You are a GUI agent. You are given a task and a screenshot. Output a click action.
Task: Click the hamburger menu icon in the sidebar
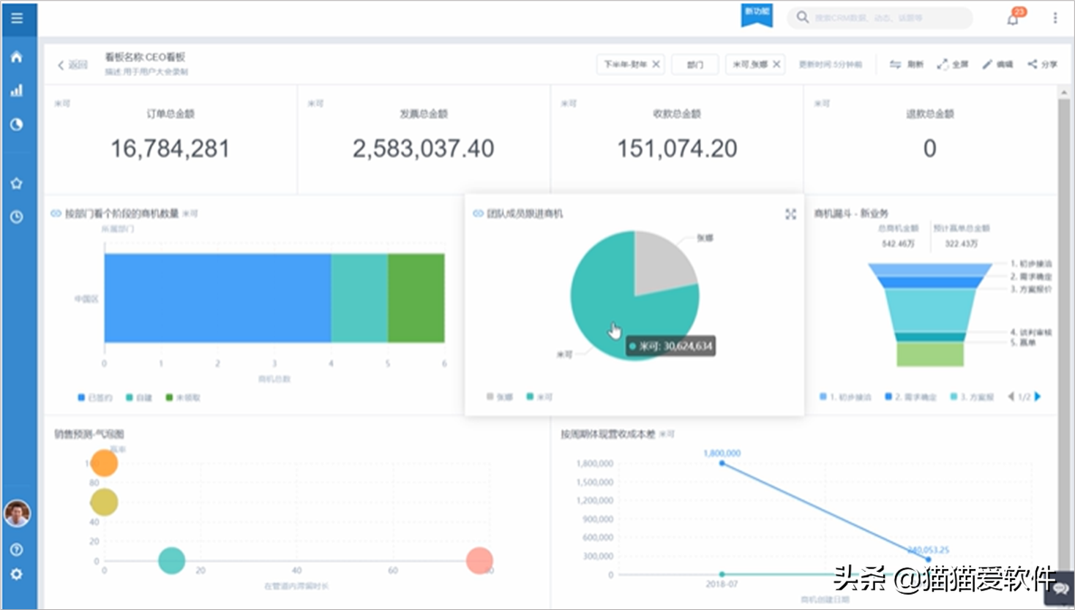point(17,18)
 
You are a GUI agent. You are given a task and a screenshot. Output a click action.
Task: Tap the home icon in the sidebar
point(17,57)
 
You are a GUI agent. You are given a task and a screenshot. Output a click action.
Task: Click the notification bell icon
point(1013,19)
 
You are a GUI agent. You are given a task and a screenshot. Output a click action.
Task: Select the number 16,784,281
point(170,148)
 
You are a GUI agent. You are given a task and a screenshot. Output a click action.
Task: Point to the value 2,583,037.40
point(423,148)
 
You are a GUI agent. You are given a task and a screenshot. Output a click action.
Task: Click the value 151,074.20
point(677,148)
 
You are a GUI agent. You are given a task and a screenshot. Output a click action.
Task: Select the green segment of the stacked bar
point(416,298)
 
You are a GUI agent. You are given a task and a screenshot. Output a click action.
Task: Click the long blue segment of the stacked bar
point(217,298)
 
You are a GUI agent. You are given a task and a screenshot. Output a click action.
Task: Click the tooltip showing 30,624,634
point(671,346)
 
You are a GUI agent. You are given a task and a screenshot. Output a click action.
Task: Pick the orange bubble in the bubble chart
point(104,463)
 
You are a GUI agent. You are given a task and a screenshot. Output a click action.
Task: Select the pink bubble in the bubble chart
point(479,560)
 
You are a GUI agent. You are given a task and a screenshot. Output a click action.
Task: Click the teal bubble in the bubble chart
point(171,560)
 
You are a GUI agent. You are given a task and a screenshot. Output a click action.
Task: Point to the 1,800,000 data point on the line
point(722,463)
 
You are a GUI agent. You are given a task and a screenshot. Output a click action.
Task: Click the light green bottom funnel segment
point(930,354)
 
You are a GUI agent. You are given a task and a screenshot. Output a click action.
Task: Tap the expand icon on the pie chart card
point(790,214)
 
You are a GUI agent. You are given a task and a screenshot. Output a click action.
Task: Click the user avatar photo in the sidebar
point(17,513)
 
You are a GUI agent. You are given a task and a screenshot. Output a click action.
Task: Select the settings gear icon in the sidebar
point(17,575)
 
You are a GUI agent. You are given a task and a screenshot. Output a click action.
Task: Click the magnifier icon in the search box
point(803,18)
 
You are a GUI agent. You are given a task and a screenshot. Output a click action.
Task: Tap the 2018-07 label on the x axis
point(722,584)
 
